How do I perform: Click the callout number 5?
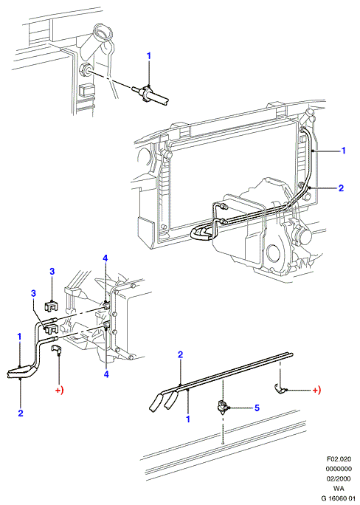point(257,408)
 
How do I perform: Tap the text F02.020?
point(339,458)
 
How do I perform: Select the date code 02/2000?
point(339,478)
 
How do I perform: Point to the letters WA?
point(339,489)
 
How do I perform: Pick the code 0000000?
point(339,469)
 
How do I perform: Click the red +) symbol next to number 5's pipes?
point(317,391)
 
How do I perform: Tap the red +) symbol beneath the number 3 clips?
point(59,391)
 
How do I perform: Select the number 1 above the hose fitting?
point(148,56)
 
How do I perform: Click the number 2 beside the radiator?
point(341,188)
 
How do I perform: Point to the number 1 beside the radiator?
point(343,151)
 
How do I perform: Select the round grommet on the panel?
point(85,69)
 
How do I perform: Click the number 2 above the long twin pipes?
point(180,355)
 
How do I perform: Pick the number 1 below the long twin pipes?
point(188,419)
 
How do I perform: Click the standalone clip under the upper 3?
point(51,306)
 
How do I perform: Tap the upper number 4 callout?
point(105,258)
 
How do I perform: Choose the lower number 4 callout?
point(106,374)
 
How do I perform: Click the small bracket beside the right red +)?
point(280,389)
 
